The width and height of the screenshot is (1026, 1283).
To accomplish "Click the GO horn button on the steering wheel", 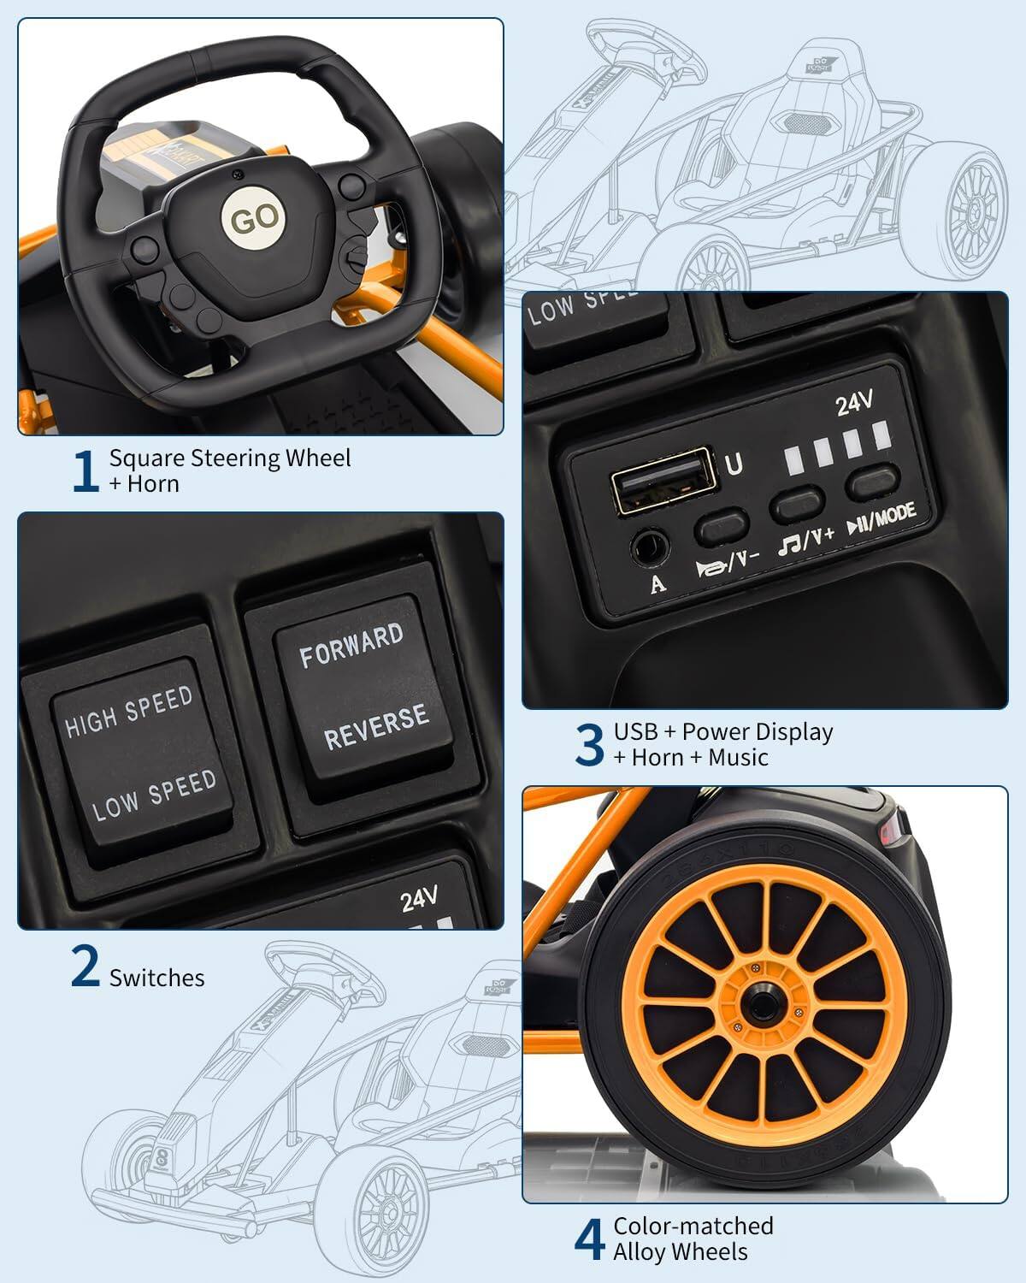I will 254,219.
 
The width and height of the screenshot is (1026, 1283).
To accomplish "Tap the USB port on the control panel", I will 661,481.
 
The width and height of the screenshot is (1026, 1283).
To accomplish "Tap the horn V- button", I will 722,526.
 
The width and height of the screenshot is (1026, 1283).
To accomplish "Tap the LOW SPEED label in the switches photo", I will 154,795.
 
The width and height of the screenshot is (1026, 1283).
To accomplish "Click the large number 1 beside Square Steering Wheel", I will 85,471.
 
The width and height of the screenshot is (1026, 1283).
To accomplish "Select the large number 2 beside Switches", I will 85,967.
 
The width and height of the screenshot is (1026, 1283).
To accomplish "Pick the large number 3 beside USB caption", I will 589,745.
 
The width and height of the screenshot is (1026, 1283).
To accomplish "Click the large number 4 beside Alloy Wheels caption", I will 589,1239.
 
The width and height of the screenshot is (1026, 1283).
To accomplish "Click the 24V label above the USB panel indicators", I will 853,402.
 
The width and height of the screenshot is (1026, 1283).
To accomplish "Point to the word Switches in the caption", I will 156,978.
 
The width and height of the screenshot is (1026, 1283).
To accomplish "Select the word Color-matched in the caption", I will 693,1226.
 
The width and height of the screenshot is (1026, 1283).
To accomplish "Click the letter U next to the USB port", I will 734,464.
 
